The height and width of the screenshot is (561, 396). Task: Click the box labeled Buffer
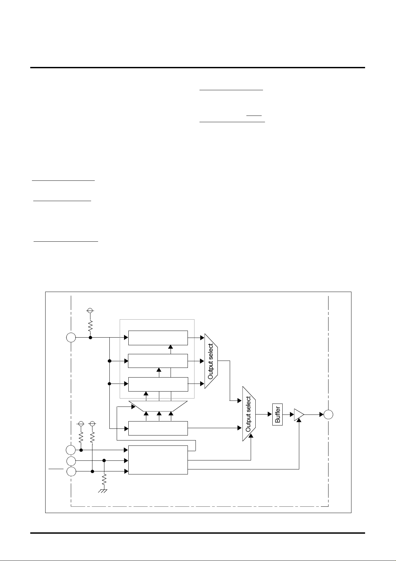coord(278,414)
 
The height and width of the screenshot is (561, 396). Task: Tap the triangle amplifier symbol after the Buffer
coord(299,415)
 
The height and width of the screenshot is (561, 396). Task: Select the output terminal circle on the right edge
coord(329,415)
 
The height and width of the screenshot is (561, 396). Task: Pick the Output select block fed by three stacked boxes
coord(211,361)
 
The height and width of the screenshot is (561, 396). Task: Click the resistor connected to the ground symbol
coord(104,479)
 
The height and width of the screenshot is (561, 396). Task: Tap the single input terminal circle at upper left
coord(71,338)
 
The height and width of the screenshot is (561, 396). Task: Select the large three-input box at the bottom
coord(158,460)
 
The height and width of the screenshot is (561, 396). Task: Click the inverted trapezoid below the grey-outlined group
coord(158,406)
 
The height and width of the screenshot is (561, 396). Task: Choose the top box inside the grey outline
coord(158,338)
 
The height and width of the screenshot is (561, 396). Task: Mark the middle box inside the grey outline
coord(158,361)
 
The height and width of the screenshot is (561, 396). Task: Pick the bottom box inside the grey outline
coord(158,384)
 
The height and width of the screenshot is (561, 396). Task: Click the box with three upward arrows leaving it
coord(158,428)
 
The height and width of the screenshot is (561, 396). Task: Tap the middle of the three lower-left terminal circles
coord(71,461)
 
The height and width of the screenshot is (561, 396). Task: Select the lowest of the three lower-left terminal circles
coord(71,471)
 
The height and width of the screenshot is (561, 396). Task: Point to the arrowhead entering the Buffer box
coord(270,415)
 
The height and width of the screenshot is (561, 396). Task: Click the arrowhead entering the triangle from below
coord(299,421)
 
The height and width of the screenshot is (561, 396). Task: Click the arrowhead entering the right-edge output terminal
coord(322,415)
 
